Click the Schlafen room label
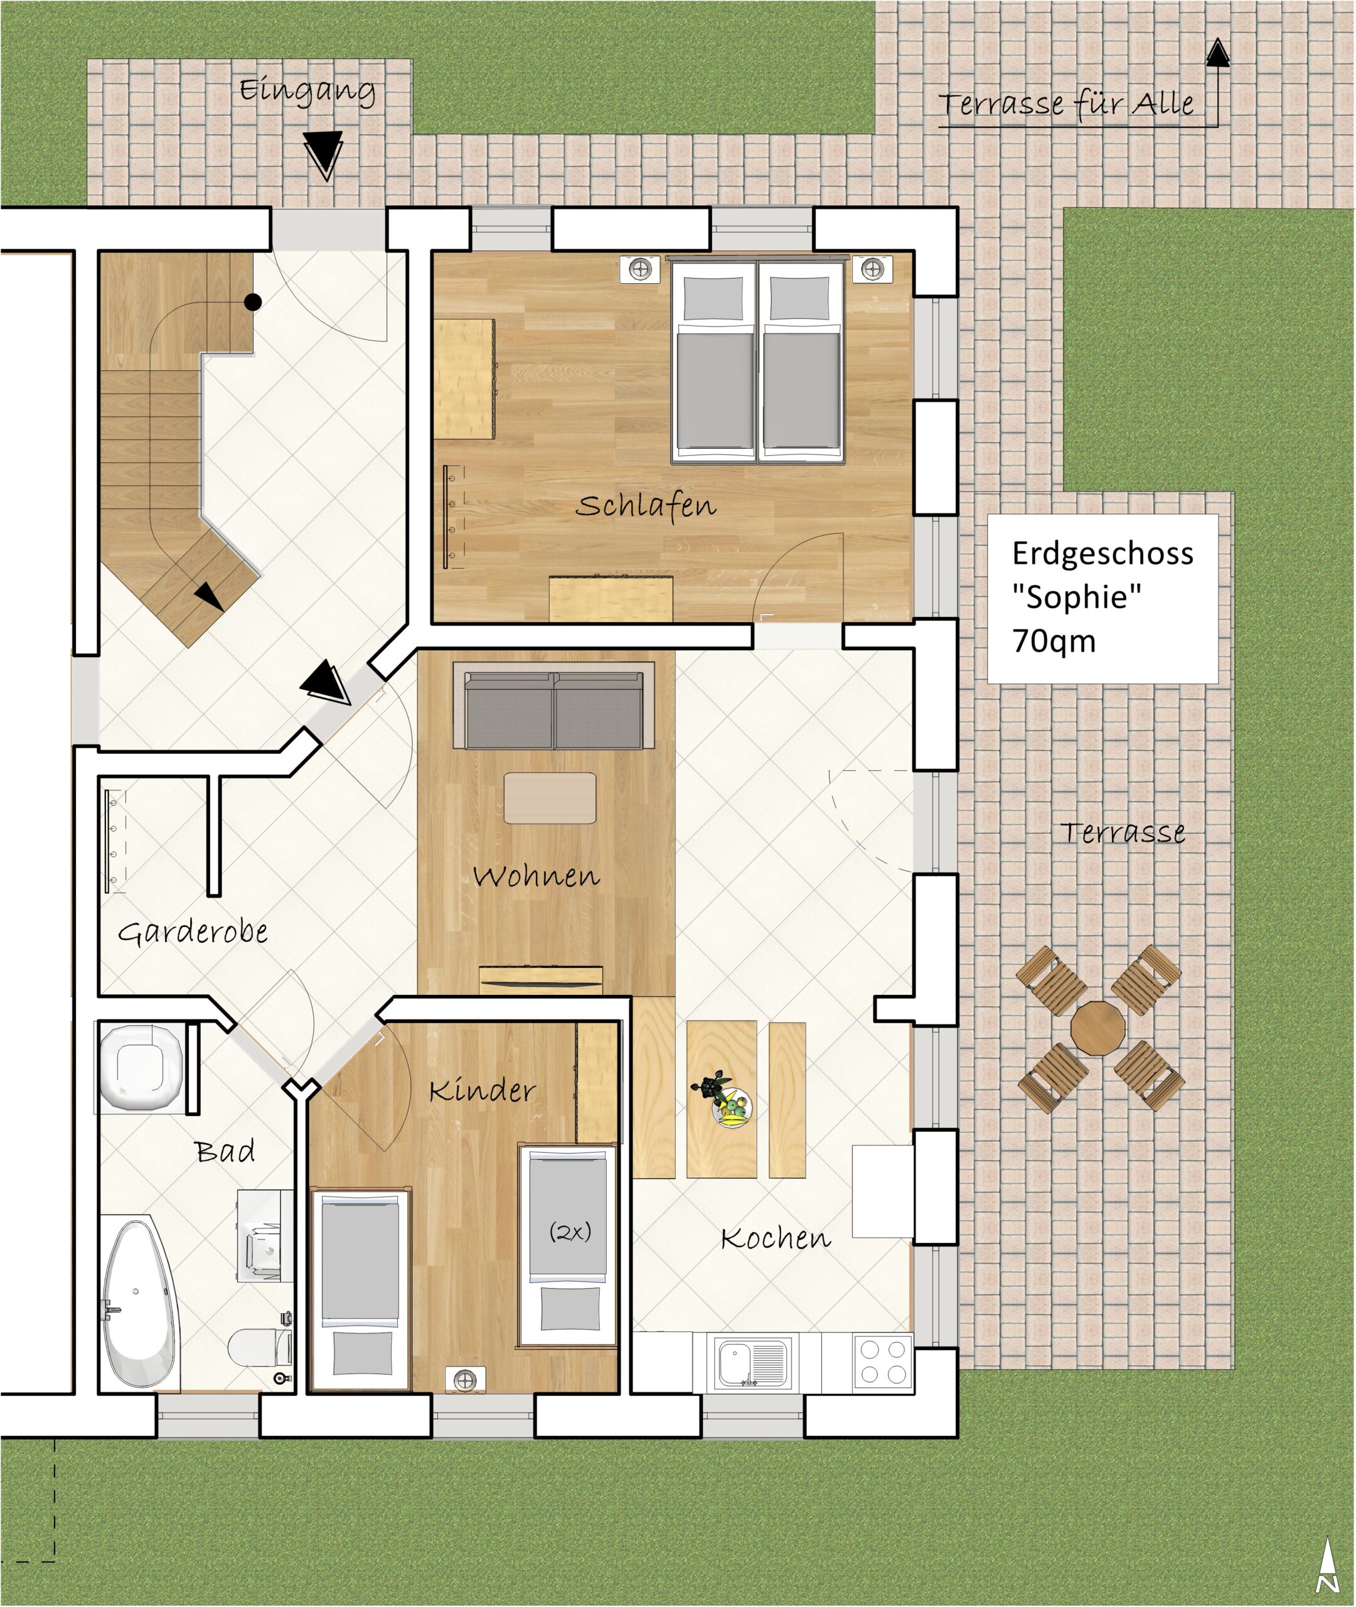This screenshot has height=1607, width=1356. (x=646, y=505)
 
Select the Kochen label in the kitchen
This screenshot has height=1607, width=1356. (x=776, y=1237)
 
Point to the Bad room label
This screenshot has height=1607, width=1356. (x=225, y=1151)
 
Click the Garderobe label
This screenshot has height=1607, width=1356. (x=193, y=933)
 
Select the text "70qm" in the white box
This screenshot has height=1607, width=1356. (x=1054, y=640)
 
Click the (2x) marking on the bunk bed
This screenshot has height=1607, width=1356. (x=570, y=1232)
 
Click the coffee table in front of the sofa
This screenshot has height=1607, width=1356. (x=550, y=798)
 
